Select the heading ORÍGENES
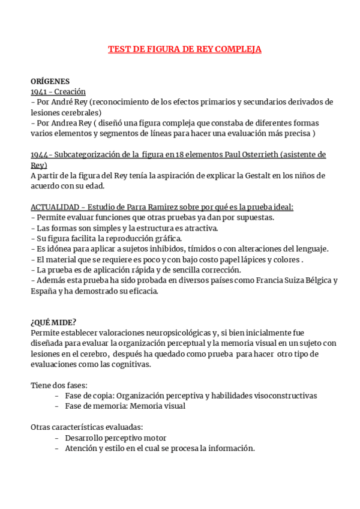pos(50,81)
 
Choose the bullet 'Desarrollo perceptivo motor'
pos(115,438)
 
